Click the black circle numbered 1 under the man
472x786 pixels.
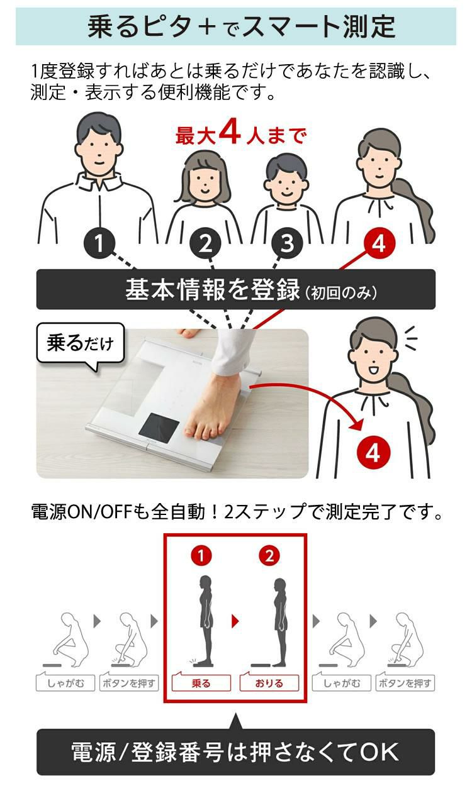click(x=99, y=243)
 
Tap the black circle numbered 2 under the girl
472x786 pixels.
click(x=205, y=243)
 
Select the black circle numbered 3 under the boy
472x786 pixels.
click(x=287, y=243)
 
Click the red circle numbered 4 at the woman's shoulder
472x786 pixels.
click(x=379, y=243)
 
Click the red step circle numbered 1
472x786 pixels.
click(x=201, y=556)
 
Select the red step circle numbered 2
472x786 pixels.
click(x=269, y=556)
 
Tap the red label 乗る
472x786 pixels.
click(x=201, y=683)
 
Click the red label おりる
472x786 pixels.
click(x=269, y=683)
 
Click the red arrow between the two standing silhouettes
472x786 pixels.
click(x=235, y=621)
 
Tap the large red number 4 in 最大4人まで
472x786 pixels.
click(x=230, y=132)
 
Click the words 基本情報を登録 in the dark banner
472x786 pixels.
click(x=213, y=289)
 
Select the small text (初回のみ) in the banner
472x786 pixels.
click(x=340, y=292)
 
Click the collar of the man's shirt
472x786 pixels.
click(x=99, y=182)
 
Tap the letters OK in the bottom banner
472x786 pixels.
click(x=379, y=751)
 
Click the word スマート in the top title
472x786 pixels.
click(x=291, y=26)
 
